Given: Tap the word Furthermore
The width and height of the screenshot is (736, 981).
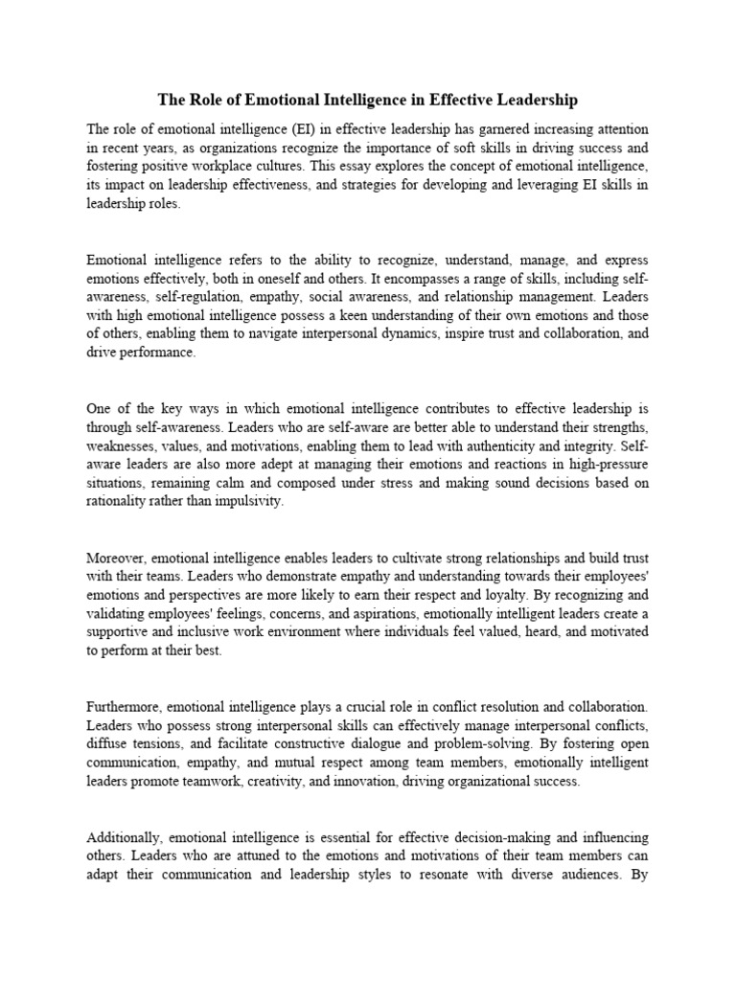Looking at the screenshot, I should click(127, 706).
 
